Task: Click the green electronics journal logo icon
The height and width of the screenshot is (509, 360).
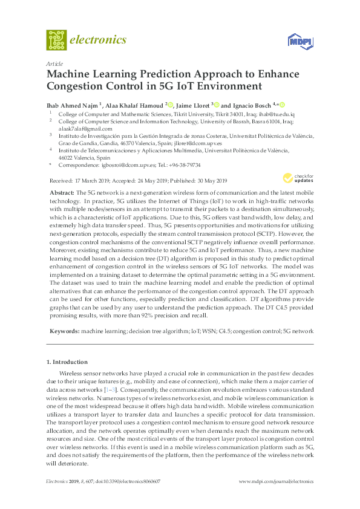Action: (57, 40)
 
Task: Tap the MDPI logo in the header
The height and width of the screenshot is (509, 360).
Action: (295, 41)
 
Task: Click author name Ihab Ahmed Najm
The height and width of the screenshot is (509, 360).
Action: (72, 104)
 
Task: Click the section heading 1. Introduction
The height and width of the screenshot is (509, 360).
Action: (67, 361)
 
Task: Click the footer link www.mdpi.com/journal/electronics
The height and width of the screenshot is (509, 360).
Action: (277, 482)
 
